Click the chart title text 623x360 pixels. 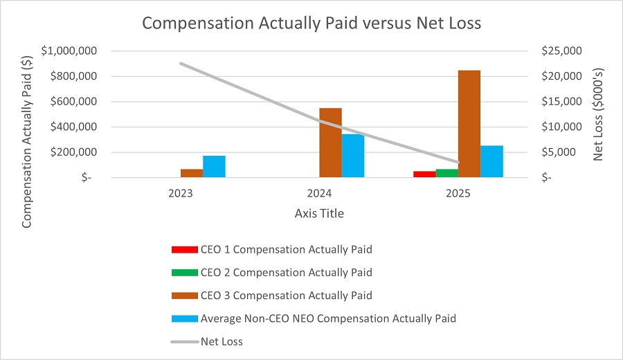[311, 23]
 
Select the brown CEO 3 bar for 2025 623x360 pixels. [469, 124]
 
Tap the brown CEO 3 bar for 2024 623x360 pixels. [330, 143]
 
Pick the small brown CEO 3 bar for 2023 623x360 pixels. [192, 173]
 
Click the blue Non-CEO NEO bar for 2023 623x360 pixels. [214, 166]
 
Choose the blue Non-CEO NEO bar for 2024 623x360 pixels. [352, 156]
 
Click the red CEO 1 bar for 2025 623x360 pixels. [424, 174]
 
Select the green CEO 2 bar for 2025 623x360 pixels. [446, 173]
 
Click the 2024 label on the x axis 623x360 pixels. [319, 195]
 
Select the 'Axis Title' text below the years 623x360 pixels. [319, 213]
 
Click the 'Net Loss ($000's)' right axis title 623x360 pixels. [599, 114]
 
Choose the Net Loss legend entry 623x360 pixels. [222, 341]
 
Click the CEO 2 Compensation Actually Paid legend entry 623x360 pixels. [286, 272]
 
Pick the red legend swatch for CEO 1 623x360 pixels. [183, 249]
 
